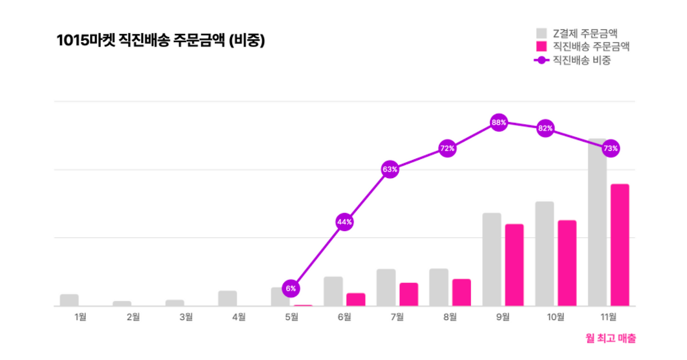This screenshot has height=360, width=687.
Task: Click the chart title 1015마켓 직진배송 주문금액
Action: click(x=160, y=41)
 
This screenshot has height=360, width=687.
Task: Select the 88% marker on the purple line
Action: click(x=499, y=122)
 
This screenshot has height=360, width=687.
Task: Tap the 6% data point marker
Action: click(x=291, y=288)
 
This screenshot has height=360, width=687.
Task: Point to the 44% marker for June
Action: click(x=344, y=222)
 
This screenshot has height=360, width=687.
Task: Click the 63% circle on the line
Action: click(x=390, y=170)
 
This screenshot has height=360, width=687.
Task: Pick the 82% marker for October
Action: click(x=545, y=128)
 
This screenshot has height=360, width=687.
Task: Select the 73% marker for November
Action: click(x=611, y=148)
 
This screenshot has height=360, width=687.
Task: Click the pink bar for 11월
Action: click(x=620, y=245)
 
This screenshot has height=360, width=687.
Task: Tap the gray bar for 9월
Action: click(x=492, y=259)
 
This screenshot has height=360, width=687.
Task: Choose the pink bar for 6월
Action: click(x=356, y=299)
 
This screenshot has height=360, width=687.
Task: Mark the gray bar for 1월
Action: click(x=69, y=300)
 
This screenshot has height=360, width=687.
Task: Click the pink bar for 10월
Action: click(x=567, y=263)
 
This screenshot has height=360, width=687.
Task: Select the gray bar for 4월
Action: click(x=228, y=298)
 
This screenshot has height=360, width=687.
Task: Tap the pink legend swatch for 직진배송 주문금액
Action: click(x=542, y=47)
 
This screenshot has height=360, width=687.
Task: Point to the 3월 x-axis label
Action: click(x=186, y=317)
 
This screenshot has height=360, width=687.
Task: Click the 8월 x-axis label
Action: click(x=450, y=317)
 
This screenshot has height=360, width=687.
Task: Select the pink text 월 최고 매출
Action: click(x=611, y=338)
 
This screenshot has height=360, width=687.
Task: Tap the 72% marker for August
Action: click(x=448, y=148)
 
